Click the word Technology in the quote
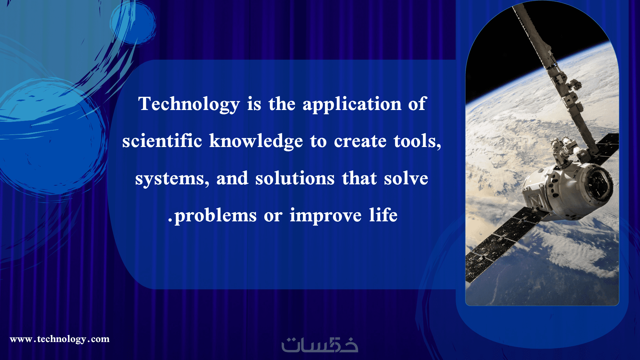click(189, 104)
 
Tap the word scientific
click(162, 141)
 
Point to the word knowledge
click(256, 141)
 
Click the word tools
click(417, 141)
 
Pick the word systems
click(172, 179)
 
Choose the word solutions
click(295, 178)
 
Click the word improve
click(325, 215)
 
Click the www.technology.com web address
click(60, 339)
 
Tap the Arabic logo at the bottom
click(320, 345)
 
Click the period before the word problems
click(170, 220)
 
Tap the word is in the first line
click(254, 104)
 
